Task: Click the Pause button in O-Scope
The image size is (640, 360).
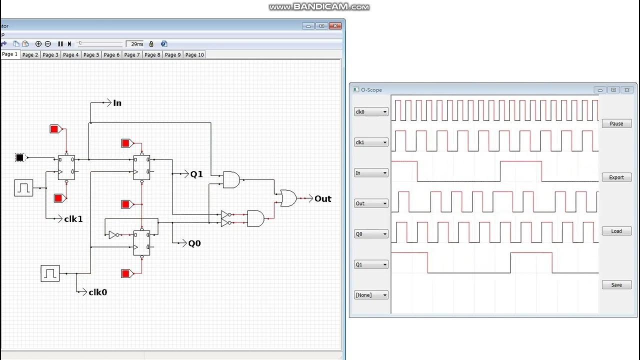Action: [616, 123]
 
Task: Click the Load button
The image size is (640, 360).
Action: [616, 231]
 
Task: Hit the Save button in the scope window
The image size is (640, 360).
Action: [616, 285]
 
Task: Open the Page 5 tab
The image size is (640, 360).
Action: [91, 54]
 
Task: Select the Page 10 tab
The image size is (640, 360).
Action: [194, 54]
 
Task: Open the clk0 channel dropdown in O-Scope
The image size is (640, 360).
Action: [371, 112]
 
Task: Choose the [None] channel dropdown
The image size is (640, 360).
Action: [371, 295]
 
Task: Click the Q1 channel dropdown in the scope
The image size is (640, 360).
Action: [371, 264]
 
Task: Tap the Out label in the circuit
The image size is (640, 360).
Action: [322, 198]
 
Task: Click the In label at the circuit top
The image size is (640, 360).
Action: [117, 103]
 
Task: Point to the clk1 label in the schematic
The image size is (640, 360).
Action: [73, 219]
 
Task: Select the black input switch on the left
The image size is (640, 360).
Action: [19, 157]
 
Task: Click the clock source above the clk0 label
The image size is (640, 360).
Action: [50, 273]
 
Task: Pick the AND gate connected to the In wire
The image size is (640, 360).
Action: [231, 179]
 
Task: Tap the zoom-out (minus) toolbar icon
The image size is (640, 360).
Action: [48, 44]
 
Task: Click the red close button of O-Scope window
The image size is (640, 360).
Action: [628, 90]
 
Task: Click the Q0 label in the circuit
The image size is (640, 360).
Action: [194, 243]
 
